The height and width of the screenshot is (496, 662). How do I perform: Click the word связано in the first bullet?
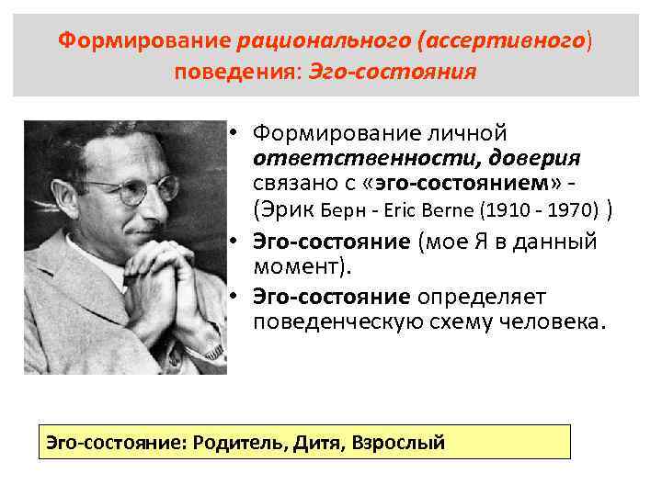click(x=293, y=182)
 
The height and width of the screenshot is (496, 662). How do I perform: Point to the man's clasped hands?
click(x=165, y=280)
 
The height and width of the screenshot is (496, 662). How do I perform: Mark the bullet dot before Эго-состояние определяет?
click(x=236, y=297)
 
